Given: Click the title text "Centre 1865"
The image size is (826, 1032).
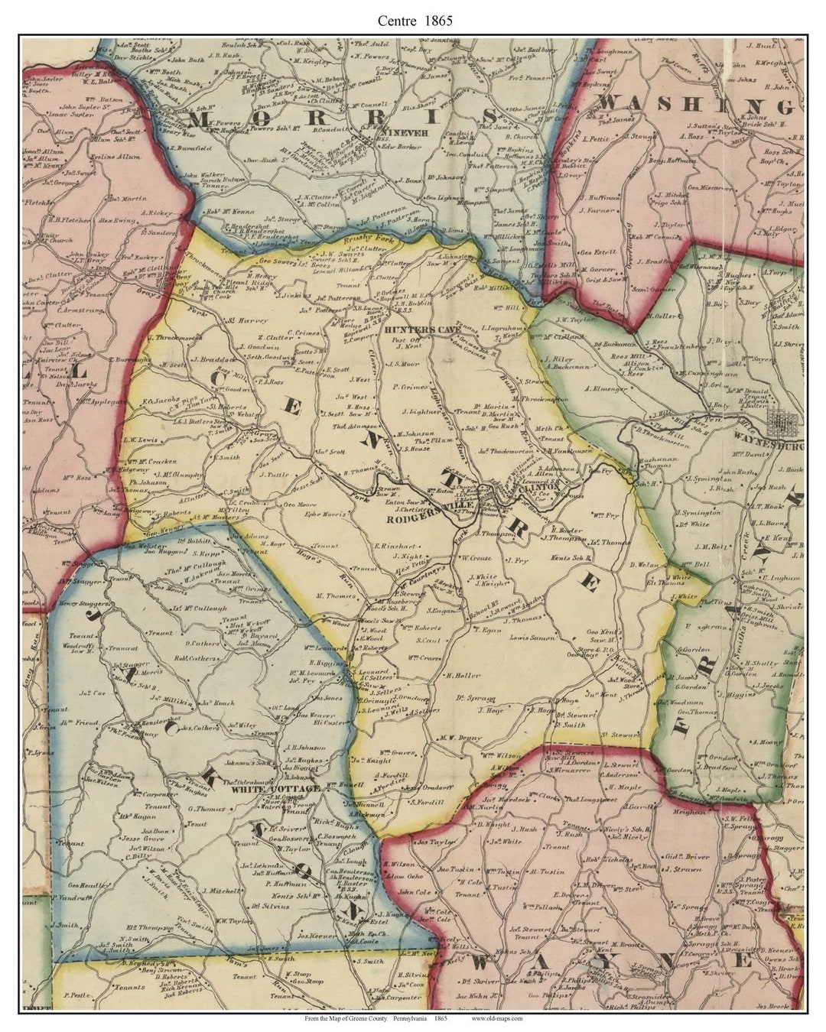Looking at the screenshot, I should [x=414, y=21].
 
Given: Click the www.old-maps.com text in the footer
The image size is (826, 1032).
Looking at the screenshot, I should [x=496, y=1018].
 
